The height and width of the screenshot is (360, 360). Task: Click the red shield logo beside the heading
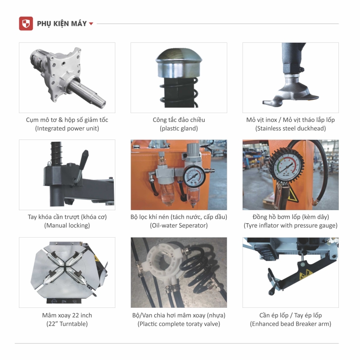click(x=26, y=23)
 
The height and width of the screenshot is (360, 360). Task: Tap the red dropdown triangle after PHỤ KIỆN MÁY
click(x=91, y=24)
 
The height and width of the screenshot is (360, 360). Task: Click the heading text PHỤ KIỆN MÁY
click(x=62, y=24)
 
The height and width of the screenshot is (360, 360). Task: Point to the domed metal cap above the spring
click(x=179, y=63)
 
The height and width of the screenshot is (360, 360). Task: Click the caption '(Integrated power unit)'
click(x=67, y=128)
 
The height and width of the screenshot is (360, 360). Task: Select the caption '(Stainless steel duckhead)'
click(x=290, y=128)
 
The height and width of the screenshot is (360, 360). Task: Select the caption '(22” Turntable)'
click(x=67, y=324)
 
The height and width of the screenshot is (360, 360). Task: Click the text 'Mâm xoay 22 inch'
click(x=67, y=315)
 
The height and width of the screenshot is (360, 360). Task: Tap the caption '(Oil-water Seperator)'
click(x=179, y=225)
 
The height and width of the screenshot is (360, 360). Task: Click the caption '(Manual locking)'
click(x=67, y=225)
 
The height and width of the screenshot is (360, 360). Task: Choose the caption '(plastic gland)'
click(x=179, y=128)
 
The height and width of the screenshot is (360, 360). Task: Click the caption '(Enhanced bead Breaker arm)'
click(x=290, y=324)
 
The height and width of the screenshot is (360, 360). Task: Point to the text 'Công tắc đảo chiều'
click(x=179, y=120)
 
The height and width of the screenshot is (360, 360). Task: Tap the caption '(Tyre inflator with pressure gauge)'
click(x=290, y=225)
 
